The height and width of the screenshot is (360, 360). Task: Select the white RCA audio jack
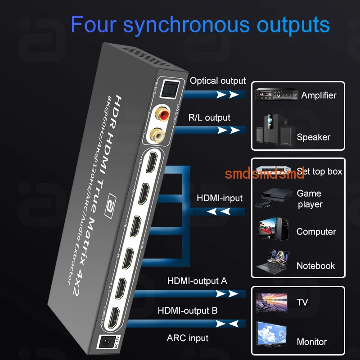pos(158,134)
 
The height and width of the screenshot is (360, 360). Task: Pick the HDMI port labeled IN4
pos(129,259)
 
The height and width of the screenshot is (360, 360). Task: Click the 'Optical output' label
pos(218,81)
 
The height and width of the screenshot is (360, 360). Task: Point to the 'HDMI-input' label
pos(220,198)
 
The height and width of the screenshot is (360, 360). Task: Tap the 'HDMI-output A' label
pos(197,281)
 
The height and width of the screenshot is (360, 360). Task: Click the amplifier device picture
pos(275,95)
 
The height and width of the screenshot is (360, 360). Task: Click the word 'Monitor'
pos(312,342)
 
